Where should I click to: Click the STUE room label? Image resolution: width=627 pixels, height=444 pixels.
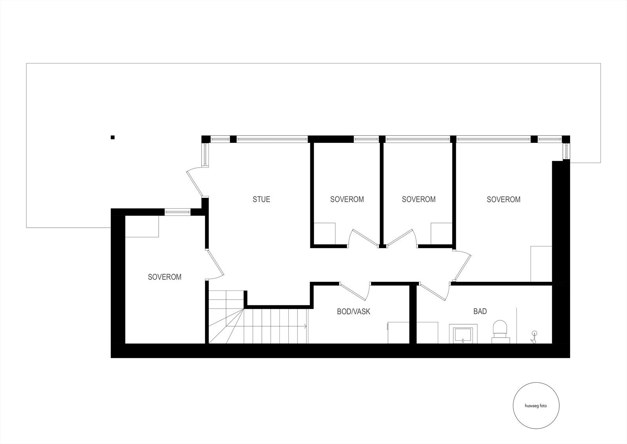pyautogui.click(x=261, y=199)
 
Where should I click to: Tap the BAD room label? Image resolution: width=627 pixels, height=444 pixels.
pyautogui.click(x=480, y=311)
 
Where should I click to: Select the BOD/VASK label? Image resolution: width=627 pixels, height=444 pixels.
pyautogui.click(x=353, y=312)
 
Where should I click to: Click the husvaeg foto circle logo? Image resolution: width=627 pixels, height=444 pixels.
pyautogui.click(x=536, y=406)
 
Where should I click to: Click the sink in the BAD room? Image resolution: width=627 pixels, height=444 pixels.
pyautogui.click(x=463, y=334)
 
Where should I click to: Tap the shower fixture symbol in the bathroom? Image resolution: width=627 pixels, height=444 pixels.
pyautogui.click(x=533, y=337)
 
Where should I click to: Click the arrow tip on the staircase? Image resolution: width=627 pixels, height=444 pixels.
pyautogui.click(x=306, y=325)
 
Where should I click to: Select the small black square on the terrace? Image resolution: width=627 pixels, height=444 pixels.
pyautogui.click(x=113, y=137)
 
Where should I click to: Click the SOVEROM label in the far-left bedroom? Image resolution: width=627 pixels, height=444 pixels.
pyautogui.click(x=165, y=277)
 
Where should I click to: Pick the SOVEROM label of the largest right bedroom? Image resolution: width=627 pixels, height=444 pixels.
pyautogui.click(x=504, y=199)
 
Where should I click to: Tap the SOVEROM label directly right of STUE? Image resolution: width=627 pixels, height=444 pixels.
pyautogui.click(x=347, y=199)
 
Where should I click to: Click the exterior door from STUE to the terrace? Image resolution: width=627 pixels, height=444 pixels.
pyautogui.click(x=195, y=183)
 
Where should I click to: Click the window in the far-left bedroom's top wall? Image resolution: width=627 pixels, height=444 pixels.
pyautogui.click(x=177, y=212)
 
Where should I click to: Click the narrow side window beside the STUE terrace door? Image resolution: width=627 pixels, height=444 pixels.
pyautogui.click(x=205, y=155)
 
